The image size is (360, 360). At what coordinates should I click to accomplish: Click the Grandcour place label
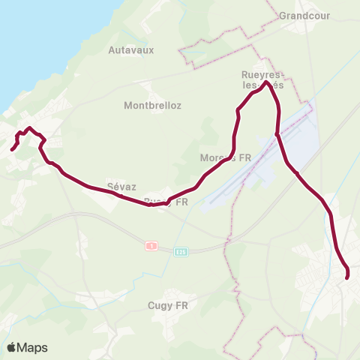304,15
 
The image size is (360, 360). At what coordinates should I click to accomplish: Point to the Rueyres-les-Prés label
262,80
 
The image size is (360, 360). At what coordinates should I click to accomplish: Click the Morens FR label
224,158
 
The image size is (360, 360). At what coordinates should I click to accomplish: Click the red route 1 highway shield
151,246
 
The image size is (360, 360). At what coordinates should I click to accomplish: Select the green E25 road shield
181,252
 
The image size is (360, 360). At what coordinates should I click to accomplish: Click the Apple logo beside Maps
11,347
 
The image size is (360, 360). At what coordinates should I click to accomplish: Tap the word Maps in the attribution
32,348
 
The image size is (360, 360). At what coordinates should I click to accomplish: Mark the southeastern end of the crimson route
347,278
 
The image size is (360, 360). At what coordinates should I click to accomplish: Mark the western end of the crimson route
12,149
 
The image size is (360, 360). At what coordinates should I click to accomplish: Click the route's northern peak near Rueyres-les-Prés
266,82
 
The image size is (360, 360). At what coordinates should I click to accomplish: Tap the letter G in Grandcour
283,15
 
